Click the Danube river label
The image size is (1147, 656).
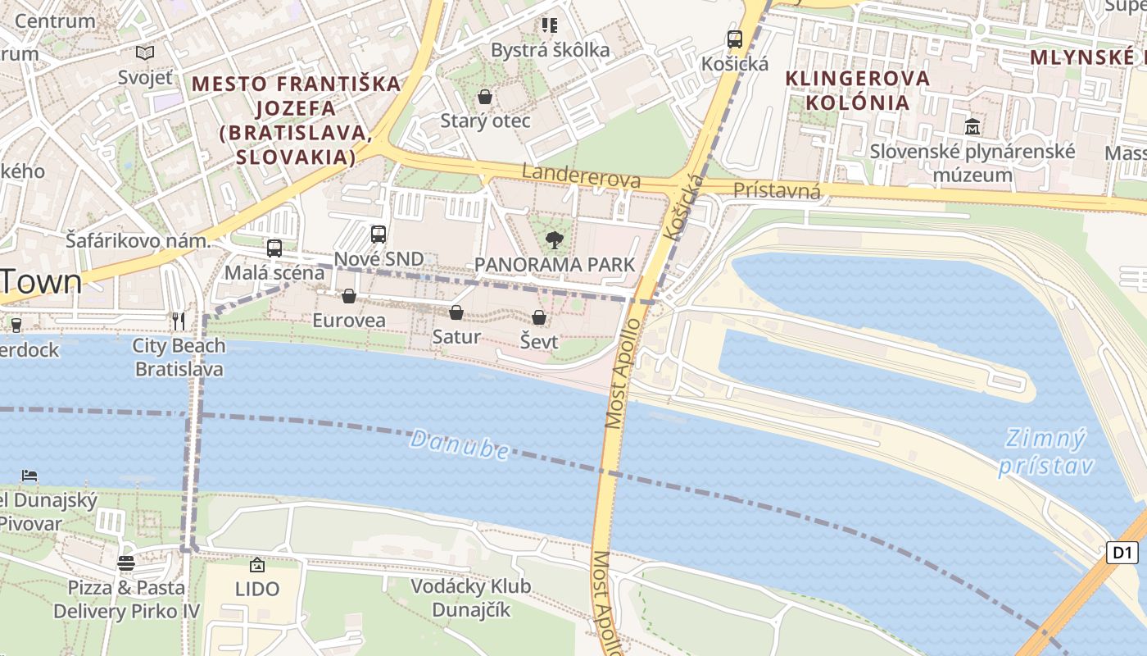click(x=459, y=444)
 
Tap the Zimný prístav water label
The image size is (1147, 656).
click(x=1047, y=452)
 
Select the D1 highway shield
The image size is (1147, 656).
click(x=1122, y=553)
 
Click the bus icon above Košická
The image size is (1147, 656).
click(x=735, y=39)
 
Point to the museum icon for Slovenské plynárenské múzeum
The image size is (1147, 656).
click(x=972, y=127)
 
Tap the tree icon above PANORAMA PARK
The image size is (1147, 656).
click(x=555, y=240)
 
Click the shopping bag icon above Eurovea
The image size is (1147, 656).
click(x=349, y=296)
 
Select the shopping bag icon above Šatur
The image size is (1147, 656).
click(x=456, y=312)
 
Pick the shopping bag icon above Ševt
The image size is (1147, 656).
click(x=539, y=317)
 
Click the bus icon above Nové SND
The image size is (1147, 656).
click(x=379, y=235)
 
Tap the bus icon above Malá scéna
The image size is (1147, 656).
click(x=274, y=248)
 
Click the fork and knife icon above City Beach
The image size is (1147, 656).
click(x=179, y=321)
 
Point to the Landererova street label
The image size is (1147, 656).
click(x=581, y=175)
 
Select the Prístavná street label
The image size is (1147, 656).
click(x=777, y=191)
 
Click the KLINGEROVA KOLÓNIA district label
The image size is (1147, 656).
click(x=858, y=90)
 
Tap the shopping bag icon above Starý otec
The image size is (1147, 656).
click(x=485, y=97)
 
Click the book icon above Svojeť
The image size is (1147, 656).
click(x=145, y=53)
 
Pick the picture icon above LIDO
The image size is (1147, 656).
click(x=257, y=565)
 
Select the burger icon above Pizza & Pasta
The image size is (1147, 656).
click(x=125, y=563)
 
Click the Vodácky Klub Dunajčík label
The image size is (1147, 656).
click(x=470, y=598)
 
